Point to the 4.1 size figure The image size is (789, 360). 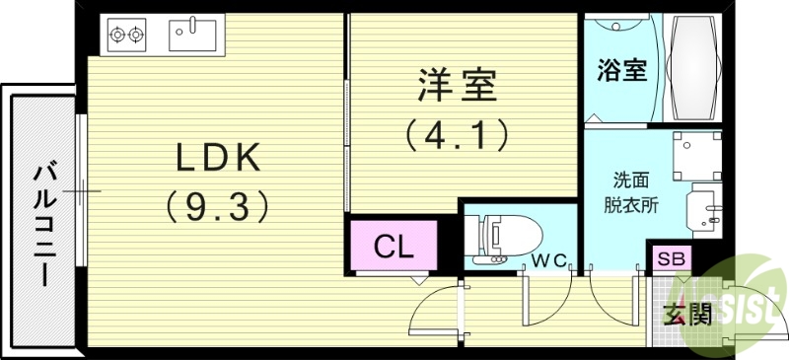coord(456,133)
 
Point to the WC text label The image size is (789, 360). coord(547,260)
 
